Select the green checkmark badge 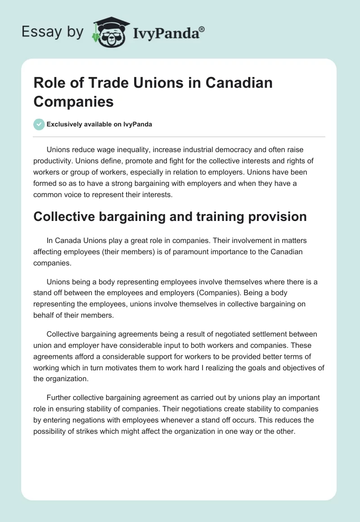click(x=39, y=124)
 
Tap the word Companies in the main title click(x=73, y=101)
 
